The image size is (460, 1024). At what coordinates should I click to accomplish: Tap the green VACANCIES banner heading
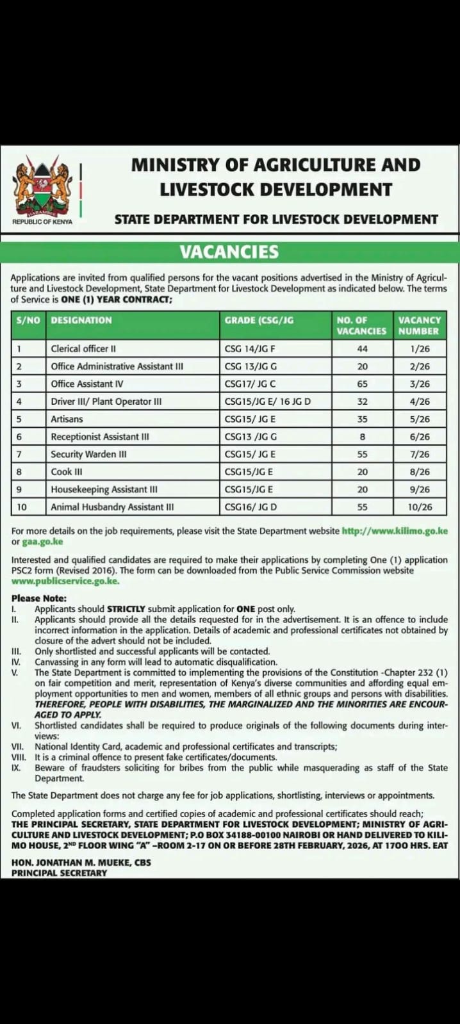(x=229, y=252)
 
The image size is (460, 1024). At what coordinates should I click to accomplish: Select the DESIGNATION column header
(x=81, y=320)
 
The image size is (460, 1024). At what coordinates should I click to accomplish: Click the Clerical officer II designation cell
(x=83, y=349)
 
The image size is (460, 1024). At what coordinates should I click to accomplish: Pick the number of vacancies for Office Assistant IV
(x=363, y=384)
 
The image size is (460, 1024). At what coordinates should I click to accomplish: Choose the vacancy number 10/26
(x=420, y=507)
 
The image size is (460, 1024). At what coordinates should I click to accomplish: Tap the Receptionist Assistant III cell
(x=100, y=437)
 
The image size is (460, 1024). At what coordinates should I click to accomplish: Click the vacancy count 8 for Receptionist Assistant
(x=363, y=437)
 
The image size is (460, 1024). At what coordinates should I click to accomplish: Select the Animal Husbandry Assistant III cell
(x=113, y=507)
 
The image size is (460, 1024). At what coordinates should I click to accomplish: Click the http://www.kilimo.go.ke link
(x=395, y=531)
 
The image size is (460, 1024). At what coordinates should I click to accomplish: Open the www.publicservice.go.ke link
(x=65, y=581)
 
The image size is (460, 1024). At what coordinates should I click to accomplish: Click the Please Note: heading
(x=39, y=598)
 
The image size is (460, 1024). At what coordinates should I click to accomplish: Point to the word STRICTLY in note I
(x=126, y=609)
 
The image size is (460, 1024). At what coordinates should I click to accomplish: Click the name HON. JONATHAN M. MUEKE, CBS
(x=81, y=862)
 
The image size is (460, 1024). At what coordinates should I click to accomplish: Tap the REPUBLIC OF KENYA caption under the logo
(x=43, y=222)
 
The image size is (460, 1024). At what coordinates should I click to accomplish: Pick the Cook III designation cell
(x=67, y=472)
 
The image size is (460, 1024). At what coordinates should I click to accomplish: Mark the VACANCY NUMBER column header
(x=420, y=325)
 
